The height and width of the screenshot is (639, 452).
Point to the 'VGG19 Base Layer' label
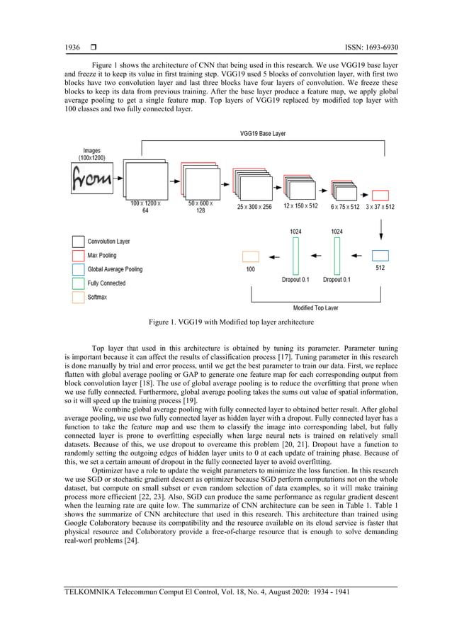264,132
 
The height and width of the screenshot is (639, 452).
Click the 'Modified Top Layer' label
315,308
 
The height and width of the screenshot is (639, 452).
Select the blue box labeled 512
380,256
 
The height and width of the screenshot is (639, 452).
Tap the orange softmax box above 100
251,256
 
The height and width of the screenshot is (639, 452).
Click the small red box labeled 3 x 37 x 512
380,195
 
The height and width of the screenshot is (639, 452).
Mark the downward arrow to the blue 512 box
380,230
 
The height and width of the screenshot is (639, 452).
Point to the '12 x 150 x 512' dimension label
300,206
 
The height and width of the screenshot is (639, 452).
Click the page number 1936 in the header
72,48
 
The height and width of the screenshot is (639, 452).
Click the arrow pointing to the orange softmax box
273,256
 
